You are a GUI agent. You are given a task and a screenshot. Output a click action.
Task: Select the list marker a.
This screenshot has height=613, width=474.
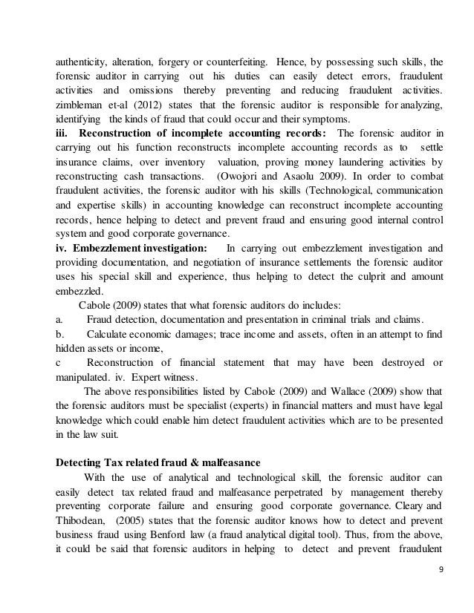[60, 319]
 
